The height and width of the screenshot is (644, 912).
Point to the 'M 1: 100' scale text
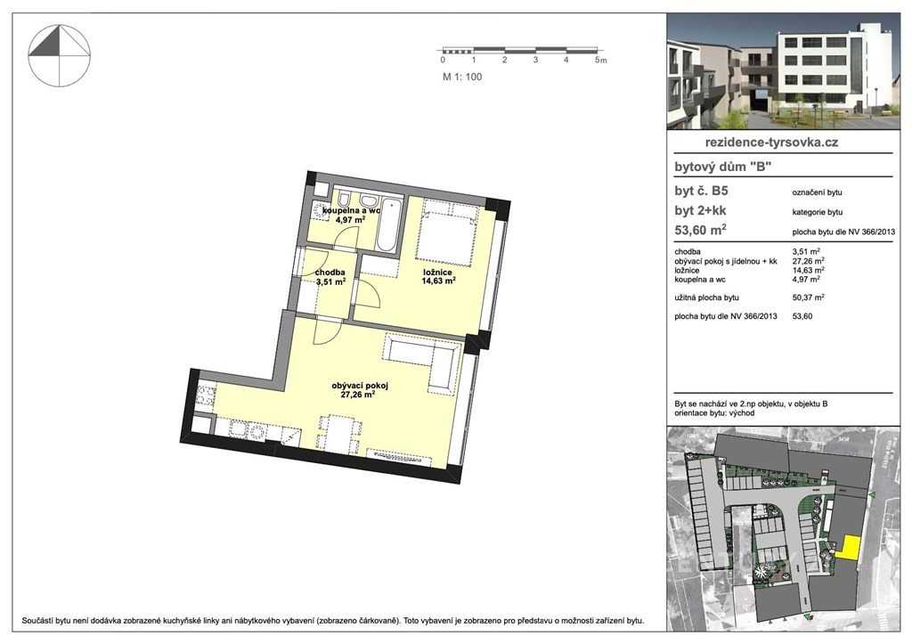click(x=462, y=77)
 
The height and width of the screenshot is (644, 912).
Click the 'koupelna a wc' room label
click(x=351, y=210)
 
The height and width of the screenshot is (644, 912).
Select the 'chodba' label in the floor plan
click(x=330, y=273)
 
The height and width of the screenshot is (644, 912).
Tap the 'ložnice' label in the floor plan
click(x=437, y=273)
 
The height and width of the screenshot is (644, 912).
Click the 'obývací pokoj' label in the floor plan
click(x=360, y=385)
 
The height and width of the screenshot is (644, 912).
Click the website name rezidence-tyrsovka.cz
click(x=771, y=142)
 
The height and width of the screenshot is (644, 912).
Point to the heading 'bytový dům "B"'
click(x=722, y=167)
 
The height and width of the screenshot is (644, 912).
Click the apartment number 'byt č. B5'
click(x=701, y=191)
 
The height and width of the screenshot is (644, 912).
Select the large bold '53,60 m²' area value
click(x=700, y=229)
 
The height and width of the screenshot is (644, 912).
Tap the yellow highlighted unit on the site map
click(x=851, y=548)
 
